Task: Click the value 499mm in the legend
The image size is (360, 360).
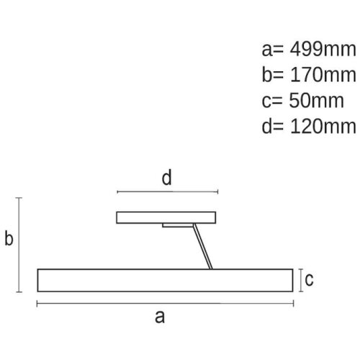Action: pos(323,50)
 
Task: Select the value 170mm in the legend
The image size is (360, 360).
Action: pos(323,75)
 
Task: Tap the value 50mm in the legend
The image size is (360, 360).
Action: pos(316,101)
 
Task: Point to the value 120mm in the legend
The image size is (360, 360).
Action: pos(323,126)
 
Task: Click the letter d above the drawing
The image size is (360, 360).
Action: pos(167,177)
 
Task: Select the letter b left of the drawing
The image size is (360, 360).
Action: pos(9,238)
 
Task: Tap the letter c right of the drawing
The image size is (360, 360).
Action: pos(309,279)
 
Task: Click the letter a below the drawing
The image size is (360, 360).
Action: pos(160,317)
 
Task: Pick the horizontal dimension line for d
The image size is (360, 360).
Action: pos(168,192)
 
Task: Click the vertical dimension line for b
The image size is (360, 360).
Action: pos(19,245)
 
